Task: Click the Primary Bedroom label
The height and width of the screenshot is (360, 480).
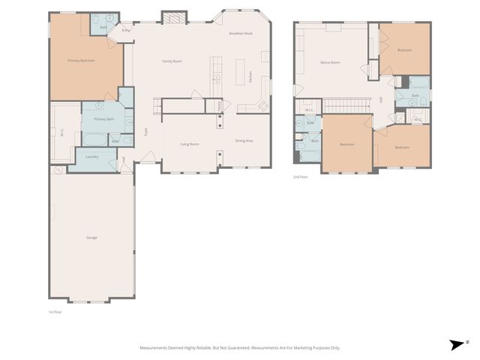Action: (81, 60)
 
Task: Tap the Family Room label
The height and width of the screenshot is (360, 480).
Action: (173, 61)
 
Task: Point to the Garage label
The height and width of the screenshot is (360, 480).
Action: (91, 238)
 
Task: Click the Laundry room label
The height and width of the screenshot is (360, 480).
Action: (92, 157)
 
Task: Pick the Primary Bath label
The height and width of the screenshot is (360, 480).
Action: (103, 119)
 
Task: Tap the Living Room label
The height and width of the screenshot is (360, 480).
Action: (189, 143)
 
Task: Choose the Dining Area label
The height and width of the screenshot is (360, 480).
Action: (244, 141)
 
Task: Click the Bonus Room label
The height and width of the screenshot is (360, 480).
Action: (330, 62)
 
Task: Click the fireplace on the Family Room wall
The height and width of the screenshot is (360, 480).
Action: (172, 17)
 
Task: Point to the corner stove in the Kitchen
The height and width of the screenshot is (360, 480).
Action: (263, 105)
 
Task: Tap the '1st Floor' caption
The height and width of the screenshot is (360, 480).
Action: (54, 311)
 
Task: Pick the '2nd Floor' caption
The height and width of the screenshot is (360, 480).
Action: (300, 177)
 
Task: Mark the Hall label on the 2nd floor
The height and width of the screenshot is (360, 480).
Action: (381, 99)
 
